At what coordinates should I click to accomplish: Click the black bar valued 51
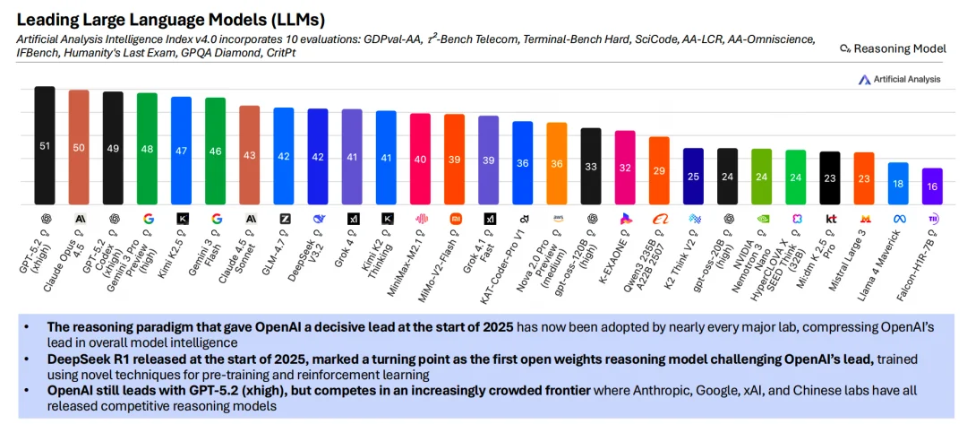(45, 145)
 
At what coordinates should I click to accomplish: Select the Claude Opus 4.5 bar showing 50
(79, 147)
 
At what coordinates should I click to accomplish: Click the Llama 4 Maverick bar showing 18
(898, 183)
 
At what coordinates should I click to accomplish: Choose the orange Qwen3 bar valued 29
(659, 170)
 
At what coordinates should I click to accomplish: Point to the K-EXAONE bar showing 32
(625, 168)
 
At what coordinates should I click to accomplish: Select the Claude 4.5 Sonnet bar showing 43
(250, 155)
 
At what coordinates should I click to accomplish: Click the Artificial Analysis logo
(899, 79)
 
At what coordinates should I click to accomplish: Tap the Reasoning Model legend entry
(892, 48)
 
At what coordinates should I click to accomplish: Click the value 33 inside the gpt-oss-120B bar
(591, 167)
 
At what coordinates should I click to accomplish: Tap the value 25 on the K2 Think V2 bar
(693, 177)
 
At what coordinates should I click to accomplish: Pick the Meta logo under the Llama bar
(899, 218)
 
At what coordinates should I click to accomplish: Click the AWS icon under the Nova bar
(557, 218)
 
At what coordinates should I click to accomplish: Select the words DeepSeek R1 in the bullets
(78, 360)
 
